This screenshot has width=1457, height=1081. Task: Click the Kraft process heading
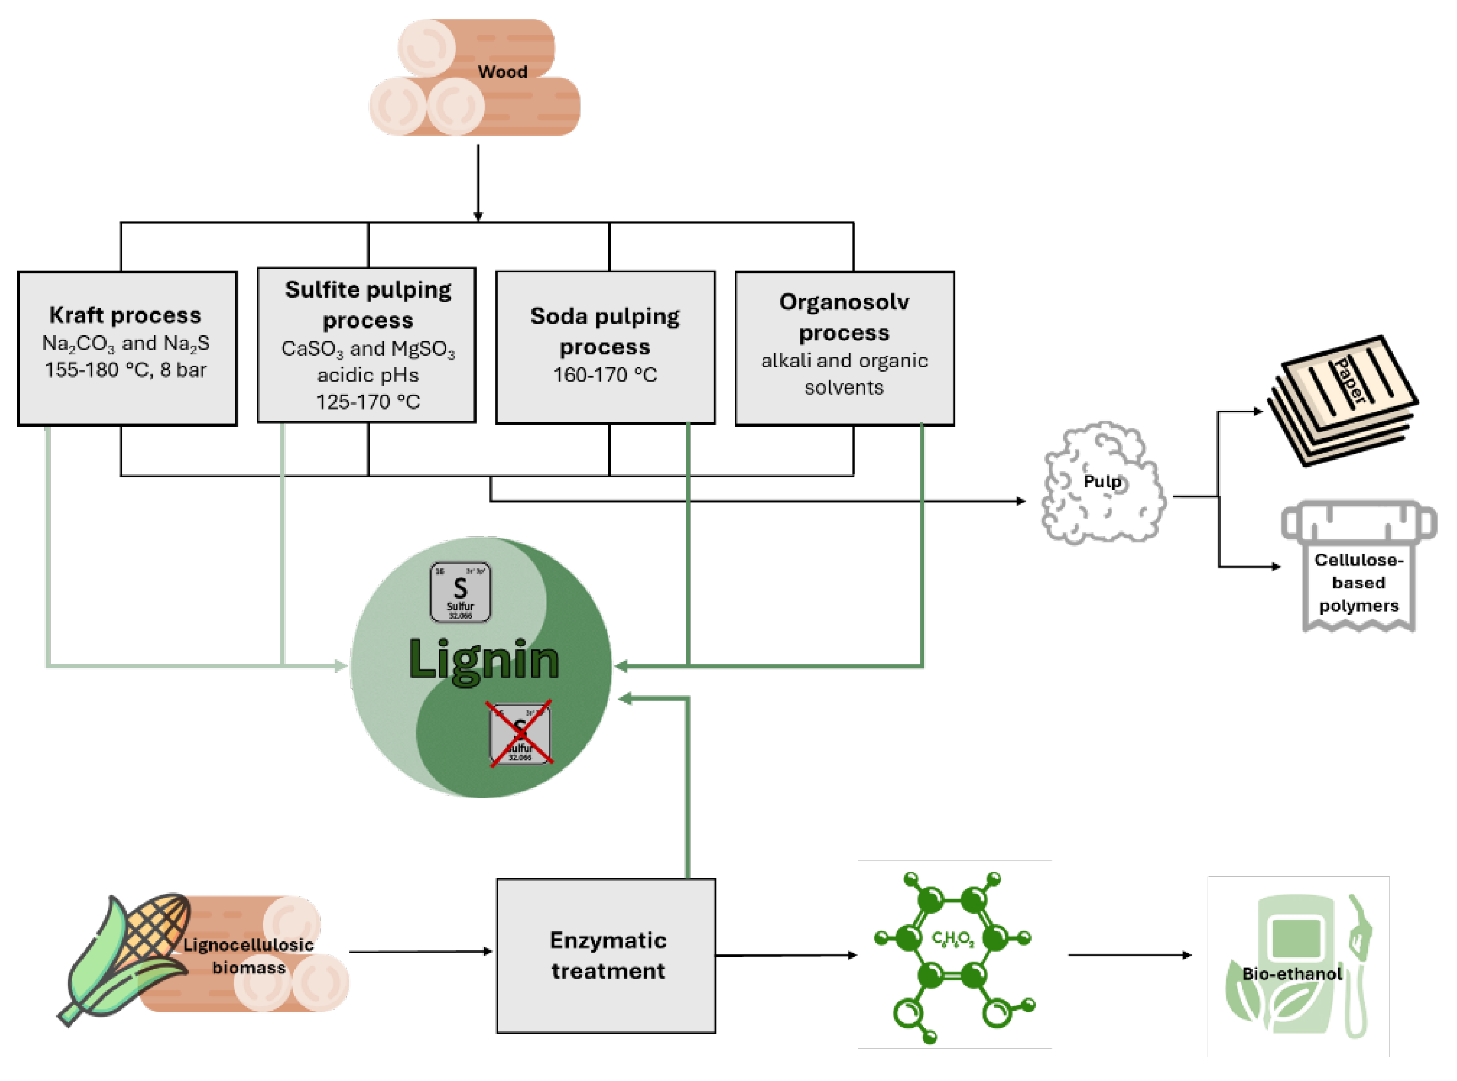pos(125,315)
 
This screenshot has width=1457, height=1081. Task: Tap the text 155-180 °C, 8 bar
pos(125,371)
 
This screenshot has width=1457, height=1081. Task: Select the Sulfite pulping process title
pos(367,305)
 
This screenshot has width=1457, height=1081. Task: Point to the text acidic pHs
pos(367,375)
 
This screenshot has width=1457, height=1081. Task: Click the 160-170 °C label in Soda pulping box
pos(605,375)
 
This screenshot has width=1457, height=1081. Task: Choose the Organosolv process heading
pos(844,317)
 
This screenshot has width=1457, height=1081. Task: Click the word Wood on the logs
pos(502,72)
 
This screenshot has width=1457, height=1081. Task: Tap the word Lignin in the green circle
pos(484,660)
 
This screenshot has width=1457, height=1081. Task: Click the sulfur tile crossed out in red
pos(520,733)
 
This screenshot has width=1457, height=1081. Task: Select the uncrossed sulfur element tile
pos(460,592)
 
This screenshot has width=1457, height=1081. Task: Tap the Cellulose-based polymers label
pos(1358,583)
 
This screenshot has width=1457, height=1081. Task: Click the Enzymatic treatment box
pos(606,955)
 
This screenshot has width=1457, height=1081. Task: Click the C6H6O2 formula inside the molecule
pos(953,940)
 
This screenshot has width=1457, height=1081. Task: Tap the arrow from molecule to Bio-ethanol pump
pos(1129,955)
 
